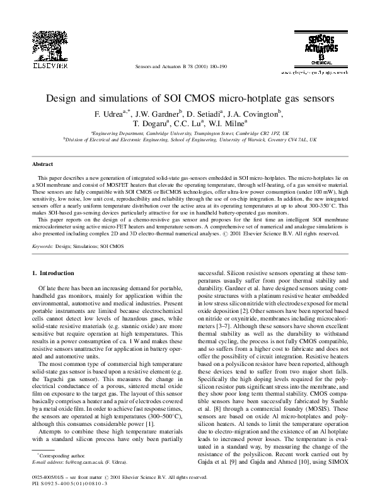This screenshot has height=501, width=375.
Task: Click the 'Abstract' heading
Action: pos(43,163)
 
